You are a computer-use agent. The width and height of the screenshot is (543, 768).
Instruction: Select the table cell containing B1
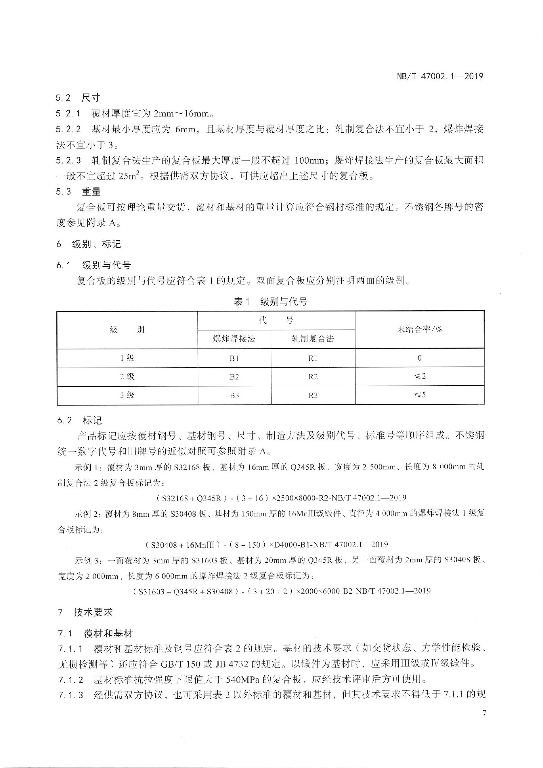234,358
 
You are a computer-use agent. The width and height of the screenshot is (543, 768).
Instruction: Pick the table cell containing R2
313,377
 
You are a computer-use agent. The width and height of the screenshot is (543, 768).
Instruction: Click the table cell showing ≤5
420,395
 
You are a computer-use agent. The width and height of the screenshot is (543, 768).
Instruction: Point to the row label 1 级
127,358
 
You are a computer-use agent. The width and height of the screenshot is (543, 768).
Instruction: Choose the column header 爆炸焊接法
234,339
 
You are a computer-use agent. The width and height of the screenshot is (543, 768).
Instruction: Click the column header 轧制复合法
313,339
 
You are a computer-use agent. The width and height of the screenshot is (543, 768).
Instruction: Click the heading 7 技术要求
86,613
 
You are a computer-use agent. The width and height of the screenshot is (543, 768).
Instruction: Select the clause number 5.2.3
68,160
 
